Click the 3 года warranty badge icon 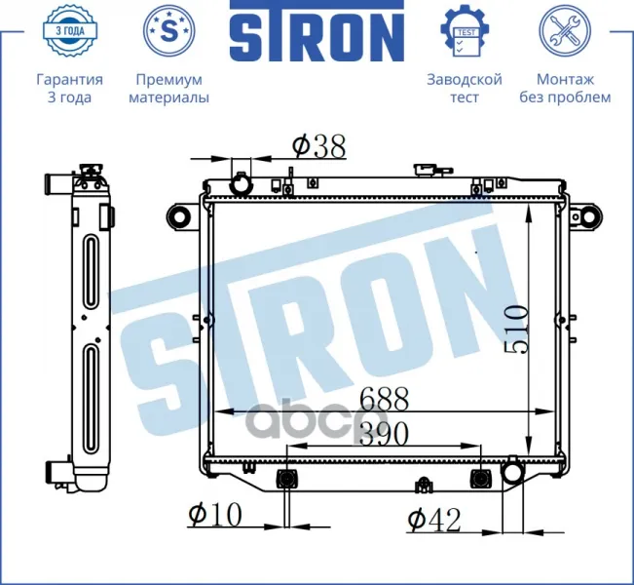pos(69,30)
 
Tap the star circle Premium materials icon pos(169,30)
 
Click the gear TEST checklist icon pos(465,31)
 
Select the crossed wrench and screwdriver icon pos(565,30)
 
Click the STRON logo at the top pos(317,31)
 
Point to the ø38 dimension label pos(319,146)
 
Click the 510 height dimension pos(516,331)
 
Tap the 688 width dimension pos(384,399)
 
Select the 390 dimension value pos(384,433)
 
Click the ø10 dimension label pos(215,515)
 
